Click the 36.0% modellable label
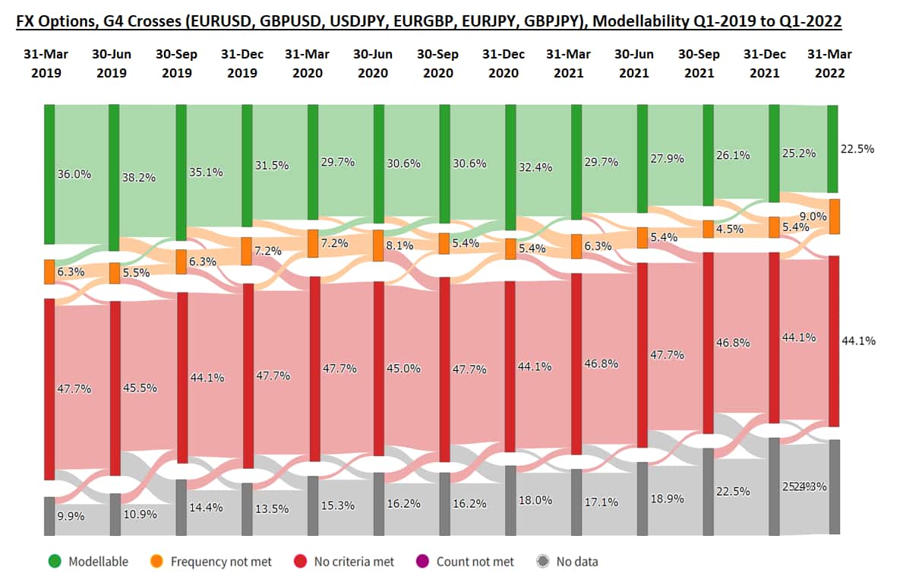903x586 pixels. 74,174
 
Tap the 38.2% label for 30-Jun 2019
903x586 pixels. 139,178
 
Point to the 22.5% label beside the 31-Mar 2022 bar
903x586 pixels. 857,149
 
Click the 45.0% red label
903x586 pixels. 404,369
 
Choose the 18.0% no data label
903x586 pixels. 537,501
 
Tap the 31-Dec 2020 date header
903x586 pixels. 504,64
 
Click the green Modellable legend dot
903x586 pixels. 54,562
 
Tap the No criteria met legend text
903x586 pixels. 355,562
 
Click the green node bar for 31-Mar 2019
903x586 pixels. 49,174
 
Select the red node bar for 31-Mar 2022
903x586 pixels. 833,341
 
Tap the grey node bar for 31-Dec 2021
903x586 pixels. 774,486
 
